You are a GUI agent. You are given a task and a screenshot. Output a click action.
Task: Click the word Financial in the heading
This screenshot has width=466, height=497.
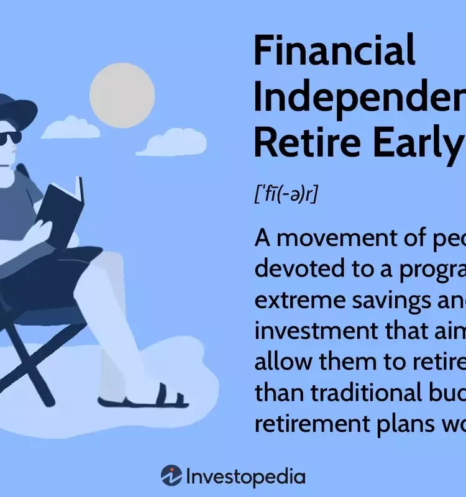pyautogui.click(x=334, y=50)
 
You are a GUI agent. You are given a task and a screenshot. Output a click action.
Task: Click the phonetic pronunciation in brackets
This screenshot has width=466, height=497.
pyautogui.click(x=286, y=194)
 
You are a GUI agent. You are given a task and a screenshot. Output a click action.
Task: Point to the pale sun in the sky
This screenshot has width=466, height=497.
pyautogui.click(x=122, y=95)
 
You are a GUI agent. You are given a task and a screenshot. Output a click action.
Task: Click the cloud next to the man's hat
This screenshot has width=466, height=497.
pyautogui.click(x=70, y=128)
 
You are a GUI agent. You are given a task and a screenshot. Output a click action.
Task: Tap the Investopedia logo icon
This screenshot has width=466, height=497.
pyautogui.click(x=171, y=476)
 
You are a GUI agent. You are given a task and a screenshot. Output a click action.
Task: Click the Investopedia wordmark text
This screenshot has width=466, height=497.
pyautogui.click(x=246, y=476)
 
